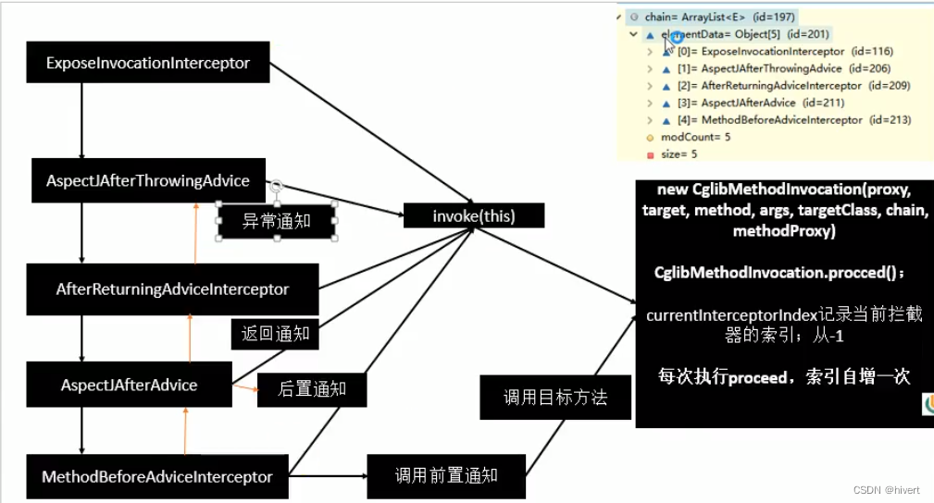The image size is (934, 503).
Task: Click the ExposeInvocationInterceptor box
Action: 148,64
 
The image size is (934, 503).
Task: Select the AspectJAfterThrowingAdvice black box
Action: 148,181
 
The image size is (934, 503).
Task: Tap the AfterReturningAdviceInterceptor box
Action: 172,289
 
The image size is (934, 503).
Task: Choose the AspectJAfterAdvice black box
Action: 129,385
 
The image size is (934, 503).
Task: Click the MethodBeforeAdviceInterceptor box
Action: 157,477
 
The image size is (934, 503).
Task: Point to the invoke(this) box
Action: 474,216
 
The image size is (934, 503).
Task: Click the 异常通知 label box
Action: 276,222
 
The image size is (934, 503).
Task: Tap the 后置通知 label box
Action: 312,389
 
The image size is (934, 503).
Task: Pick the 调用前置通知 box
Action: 446,475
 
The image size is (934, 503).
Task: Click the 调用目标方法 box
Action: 555,398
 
